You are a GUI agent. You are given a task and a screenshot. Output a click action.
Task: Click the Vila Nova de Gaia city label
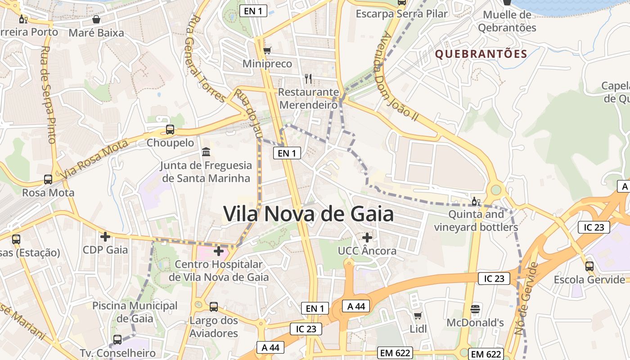308,214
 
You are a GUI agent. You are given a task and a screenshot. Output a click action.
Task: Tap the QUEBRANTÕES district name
481,54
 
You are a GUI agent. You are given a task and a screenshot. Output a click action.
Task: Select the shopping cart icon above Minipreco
267,50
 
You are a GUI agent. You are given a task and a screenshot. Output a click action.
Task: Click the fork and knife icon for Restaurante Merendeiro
308,79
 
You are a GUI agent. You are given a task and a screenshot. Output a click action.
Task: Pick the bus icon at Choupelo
170,130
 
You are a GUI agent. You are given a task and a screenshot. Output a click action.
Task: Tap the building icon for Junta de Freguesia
206,152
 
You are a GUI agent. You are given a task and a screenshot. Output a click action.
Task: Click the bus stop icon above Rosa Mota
48,180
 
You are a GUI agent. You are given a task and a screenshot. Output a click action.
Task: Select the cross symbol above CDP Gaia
105,237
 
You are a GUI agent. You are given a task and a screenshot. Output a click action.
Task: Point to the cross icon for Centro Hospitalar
219,251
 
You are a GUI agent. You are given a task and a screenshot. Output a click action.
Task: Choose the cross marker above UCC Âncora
367,237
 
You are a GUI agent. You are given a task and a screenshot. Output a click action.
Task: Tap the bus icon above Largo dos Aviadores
214,307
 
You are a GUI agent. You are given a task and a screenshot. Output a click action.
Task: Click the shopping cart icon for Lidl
418,315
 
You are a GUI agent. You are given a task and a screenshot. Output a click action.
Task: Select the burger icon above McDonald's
475,309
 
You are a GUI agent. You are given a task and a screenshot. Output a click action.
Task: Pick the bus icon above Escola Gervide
589,266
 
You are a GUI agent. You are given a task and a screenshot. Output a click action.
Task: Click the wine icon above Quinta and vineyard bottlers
476,201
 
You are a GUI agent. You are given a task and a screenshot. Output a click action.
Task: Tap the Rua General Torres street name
207,58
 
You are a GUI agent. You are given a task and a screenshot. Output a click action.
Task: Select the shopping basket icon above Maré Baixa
96,19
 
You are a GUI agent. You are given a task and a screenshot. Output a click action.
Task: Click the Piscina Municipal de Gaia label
135,312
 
